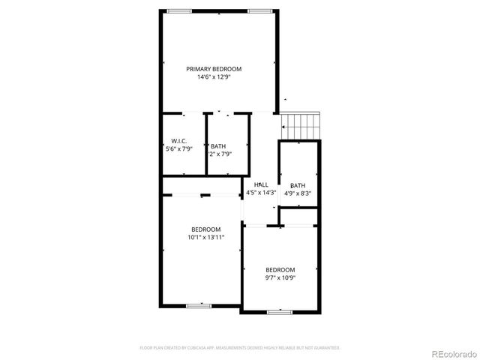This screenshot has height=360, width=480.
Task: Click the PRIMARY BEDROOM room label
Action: [219, 69]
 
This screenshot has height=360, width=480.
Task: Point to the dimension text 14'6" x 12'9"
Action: [219, 76]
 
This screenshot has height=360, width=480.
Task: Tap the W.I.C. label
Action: [178, 141]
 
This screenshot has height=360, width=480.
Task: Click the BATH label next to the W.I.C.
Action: [218, 146]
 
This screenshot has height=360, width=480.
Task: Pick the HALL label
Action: [261, 184]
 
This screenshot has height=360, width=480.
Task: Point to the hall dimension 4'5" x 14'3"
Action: [261, 192]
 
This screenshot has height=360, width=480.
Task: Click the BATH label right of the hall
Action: [298, 185]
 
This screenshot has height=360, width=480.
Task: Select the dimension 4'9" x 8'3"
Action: [298, 193]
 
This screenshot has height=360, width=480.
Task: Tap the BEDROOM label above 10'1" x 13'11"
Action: [205, 229]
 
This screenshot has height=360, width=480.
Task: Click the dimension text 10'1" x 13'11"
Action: [205, 237]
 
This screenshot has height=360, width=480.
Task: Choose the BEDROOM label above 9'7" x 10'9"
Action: [280, 270]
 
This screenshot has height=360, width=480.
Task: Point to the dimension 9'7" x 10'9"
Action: [280, 277]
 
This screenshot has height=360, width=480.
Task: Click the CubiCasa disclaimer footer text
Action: [240, 348]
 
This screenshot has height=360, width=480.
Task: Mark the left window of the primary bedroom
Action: [178, 10]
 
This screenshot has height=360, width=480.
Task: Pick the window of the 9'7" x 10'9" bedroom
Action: [279, 310]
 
